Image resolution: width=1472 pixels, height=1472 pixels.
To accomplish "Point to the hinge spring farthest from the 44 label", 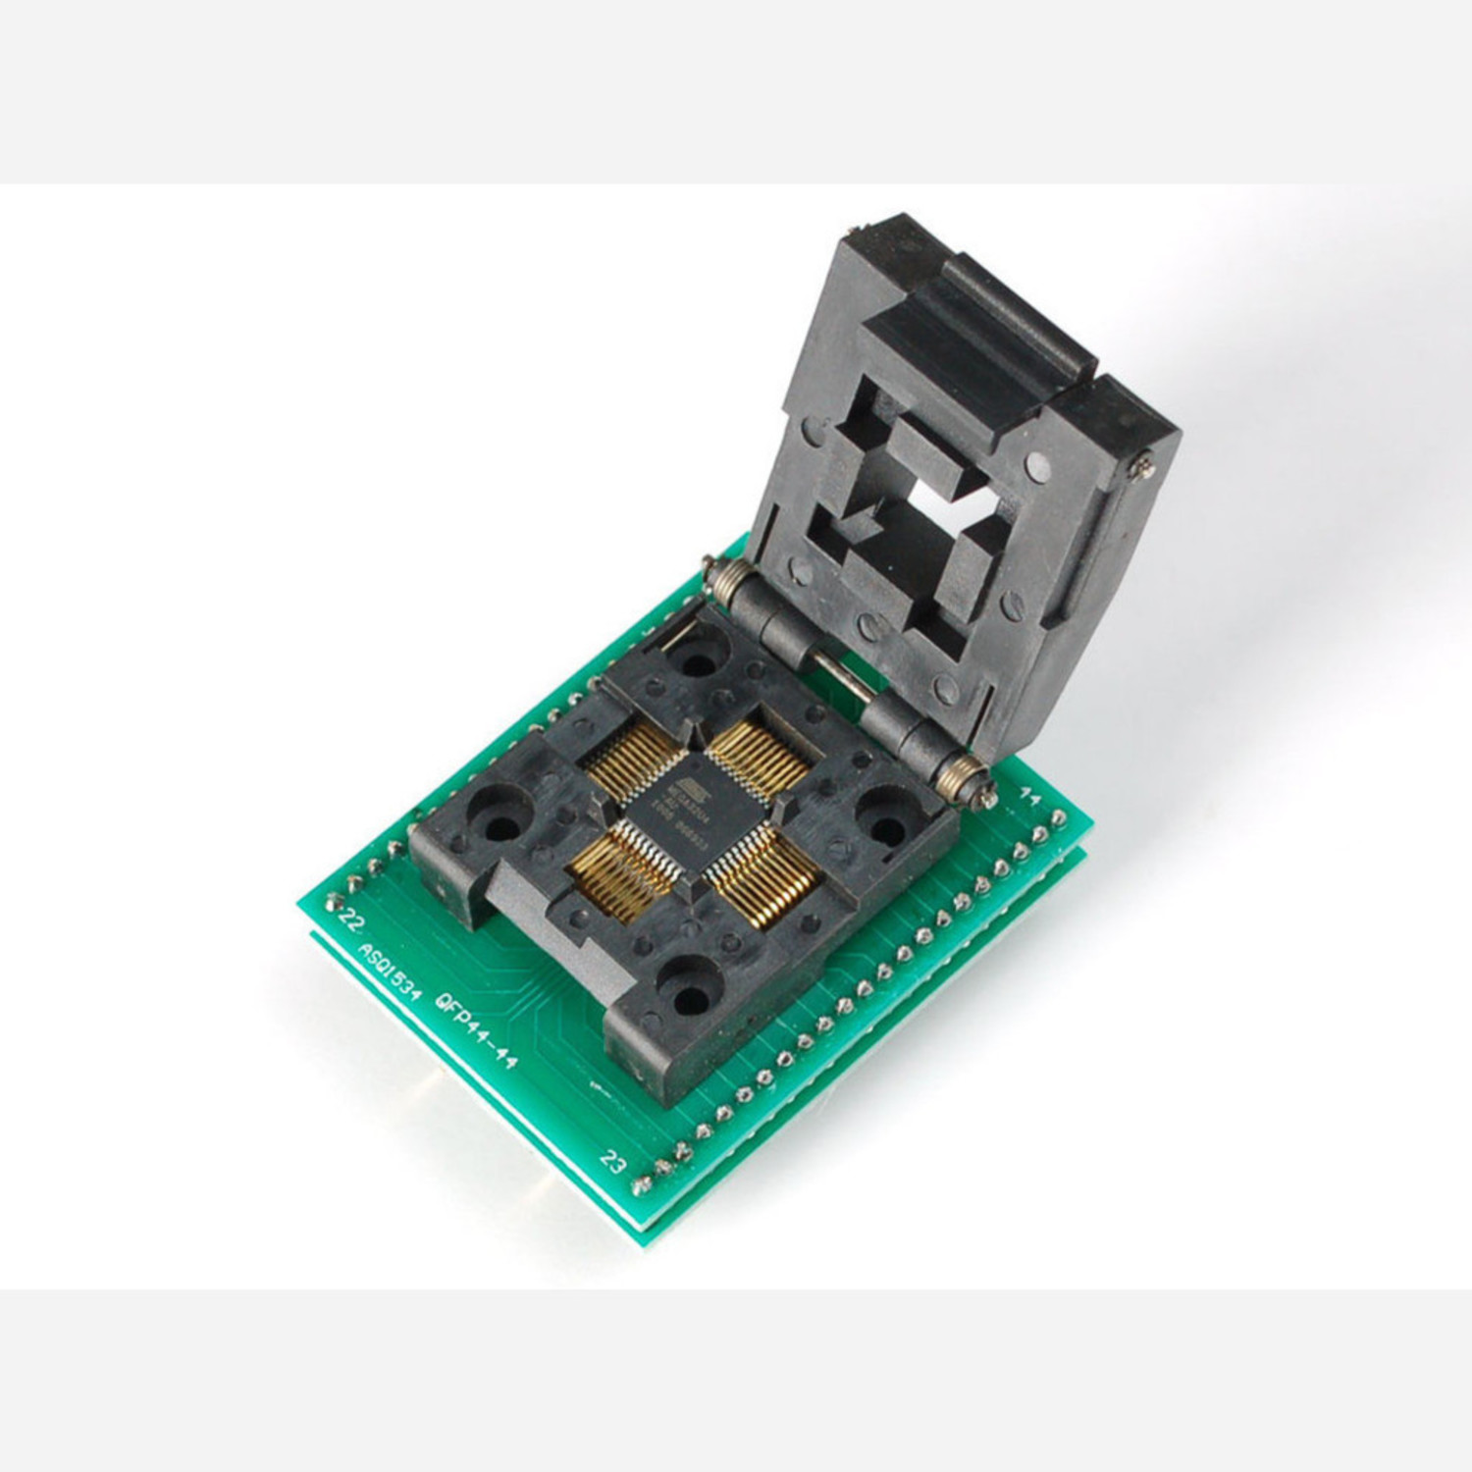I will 721,580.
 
